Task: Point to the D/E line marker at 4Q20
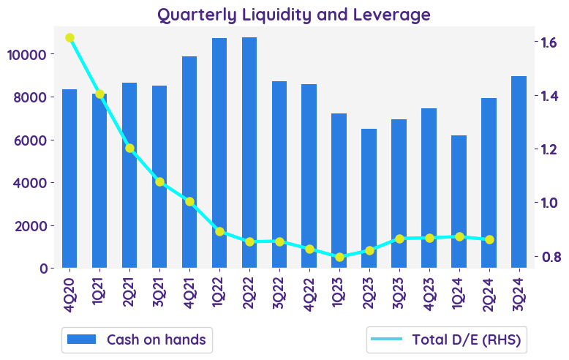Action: point(69,38)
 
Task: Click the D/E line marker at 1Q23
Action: point(339,257)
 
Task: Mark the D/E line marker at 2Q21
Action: point(129,148)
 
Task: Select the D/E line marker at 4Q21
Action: point(189,201)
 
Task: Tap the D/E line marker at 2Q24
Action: point(489,239)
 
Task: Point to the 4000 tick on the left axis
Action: point(29,183)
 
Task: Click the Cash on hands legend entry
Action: point(136,340)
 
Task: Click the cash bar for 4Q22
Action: point(309,176)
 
